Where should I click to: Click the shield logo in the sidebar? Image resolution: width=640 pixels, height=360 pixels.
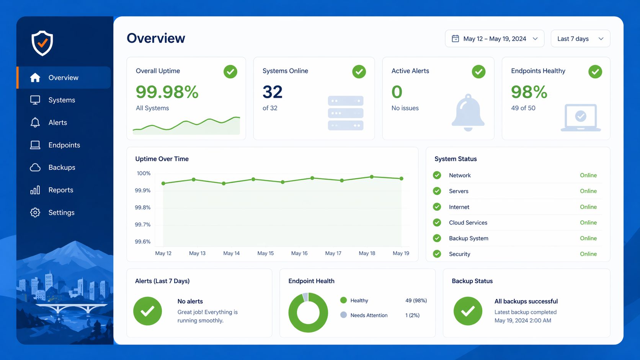coord(42,43)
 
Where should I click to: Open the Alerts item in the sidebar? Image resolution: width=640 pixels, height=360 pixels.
coord(57,122)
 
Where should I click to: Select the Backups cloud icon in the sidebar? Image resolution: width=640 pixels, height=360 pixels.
coord(35,168)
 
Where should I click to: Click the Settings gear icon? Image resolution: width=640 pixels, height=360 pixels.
coord(35,212)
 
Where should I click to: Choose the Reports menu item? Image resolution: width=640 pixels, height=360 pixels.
coord(60,190)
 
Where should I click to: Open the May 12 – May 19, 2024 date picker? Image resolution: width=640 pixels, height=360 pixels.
coord(494,39)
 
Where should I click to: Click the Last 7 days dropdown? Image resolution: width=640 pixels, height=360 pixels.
coord(580,39)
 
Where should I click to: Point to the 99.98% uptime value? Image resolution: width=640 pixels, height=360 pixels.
coord(167,92)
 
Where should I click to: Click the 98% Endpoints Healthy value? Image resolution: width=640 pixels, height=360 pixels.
coord(529,92)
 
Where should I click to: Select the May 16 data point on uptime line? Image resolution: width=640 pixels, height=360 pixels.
coord(312,178)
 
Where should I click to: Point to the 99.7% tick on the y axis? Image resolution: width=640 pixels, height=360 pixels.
coord(142,225)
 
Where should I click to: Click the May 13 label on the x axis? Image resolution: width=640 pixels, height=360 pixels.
coord(197,253)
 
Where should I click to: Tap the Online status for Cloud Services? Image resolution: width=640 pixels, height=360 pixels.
coord(588,223)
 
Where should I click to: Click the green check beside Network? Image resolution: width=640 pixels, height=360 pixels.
coord(437,175)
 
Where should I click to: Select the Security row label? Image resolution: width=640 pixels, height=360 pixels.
coord(459,254)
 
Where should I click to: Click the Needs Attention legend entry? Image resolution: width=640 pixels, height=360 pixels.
coord(369,315)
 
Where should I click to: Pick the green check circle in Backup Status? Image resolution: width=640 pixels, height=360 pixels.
coord(468,311)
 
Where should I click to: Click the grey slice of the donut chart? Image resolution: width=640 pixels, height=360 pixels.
coord(305,297)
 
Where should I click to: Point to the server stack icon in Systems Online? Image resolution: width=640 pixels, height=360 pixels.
coord(345,113)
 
